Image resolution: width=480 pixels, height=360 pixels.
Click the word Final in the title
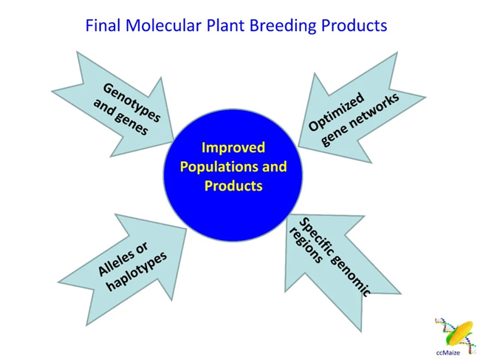coord(102,26)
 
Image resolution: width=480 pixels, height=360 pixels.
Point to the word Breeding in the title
coord(282,26)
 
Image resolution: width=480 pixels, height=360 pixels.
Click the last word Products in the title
coord(353,26)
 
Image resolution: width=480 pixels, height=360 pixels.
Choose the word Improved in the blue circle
coord(233,148)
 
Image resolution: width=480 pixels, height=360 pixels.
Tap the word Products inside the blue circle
coord(233,186)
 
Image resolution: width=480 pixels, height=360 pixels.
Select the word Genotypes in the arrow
coord(131,103)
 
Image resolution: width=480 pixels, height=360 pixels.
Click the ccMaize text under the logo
coord(448,353)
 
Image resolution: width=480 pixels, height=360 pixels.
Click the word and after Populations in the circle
coord(273,167)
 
